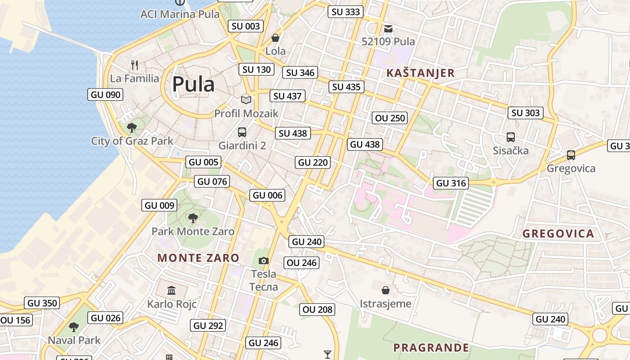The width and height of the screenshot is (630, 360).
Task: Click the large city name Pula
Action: [x=193, y=84]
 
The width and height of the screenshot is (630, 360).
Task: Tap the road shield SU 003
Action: [x=246, y=26]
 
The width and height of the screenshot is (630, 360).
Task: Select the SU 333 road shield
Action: [x=346, y=12]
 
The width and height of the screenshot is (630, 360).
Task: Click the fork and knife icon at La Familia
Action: [x=135, y=65]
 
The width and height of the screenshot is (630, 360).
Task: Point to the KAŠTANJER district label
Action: [x=421, y=73]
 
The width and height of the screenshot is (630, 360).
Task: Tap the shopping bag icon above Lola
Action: [x=275, y=38]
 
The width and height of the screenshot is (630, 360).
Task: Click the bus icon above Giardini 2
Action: [x=242, y=132]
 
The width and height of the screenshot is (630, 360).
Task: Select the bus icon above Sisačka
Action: [x=510, y=137]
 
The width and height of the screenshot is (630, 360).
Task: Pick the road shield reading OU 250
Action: [x=390, y=118]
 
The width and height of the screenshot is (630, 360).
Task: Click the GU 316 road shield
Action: [x=451, y=183]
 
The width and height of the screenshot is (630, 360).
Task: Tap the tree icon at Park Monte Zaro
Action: [x=193, y=218]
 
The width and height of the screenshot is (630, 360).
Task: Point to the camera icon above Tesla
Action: [x=264, y=261]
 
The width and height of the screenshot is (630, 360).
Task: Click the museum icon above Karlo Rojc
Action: [x=171, y=290]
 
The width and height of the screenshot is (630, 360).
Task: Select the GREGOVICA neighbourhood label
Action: [x=558, y=234]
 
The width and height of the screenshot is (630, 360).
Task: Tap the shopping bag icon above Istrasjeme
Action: [x=386, y=290]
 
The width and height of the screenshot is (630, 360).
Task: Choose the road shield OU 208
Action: [x=317, y=309]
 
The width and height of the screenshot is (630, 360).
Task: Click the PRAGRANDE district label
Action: [x=431, y=348]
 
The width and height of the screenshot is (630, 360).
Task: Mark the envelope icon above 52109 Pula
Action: [x=388, y=29]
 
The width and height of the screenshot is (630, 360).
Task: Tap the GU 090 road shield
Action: [x=106, y=94]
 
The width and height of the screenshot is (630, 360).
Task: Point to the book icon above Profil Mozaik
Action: [x=246, y=100]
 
